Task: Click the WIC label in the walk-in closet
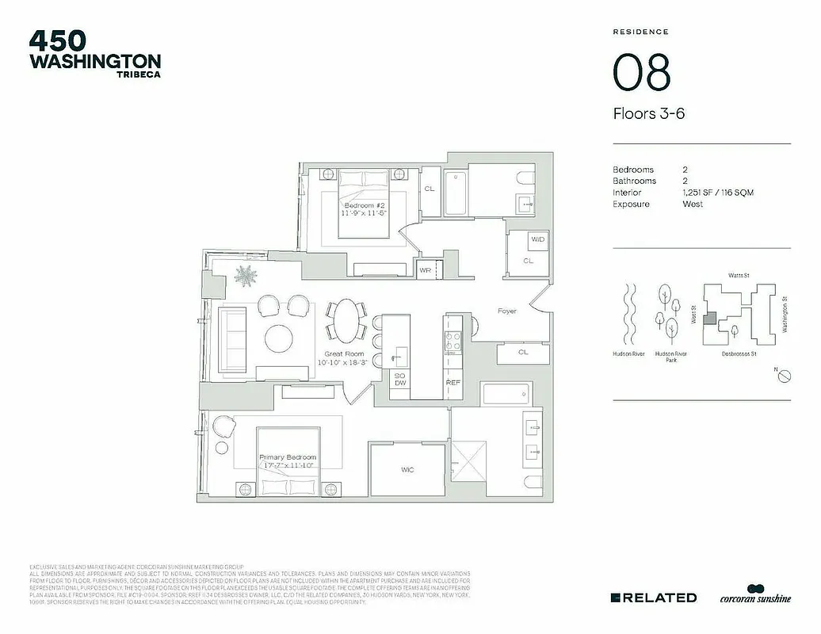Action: pyautogui.click(x=407, y=470)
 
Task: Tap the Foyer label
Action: pyautogui.click(x=507, y=311)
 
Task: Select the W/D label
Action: pyautogui.click(x=537, y=239)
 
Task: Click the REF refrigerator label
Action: pyautogui.click(x=453, y=383)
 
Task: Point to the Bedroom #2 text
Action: pyautogui.click(x=364, y=205)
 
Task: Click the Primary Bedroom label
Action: pyautogui.click(x=288, y=457)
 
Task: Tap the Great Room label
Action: pyautogui.click(x=344, y=354)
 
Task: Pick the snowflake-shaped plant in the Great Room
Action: pyautogui.click(x=246, y=278)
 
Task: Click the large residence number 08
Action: pyautogui.click(x=641, y=73)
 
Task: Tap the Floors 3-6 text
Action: pyautogui.click(x=648, y=113)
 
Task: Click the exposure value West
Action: pyautogui.click(x=692, y=204)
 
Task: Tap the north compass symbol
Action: pyautogui.click(x=782, y=377)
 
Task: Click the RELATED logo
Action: pyautogui.click(x=654, y=597)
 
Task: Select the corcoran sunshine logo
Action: pyautogui.click(x=754, y=597)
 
